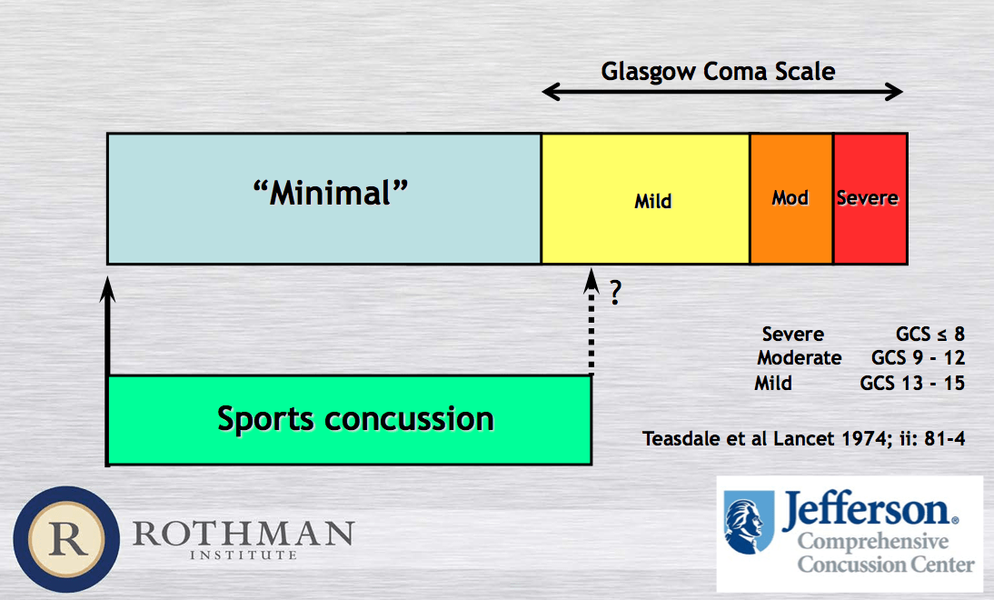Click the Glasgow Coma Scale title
tap(718, 72)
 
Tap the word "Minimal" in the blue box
tap(331, 193)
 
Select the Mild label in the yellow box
tap(653, 202)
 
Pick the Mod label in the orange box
tap(790, 198)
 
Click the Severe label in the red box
tap(867, 198)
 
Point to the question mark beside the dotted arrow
tap(615, 293)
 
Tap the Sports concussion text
tap(355, 418)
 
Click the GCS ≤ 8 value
tap(930, 334)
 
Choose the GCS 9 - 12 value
tap(918, 357)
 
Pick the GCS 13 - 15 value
tap(912, 383)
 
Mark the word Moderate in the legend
tap(800, 357)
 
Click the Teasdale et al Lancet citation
tap(804, 439)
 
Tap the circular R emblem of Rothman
tap(66, 540)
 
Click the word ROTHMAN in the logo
tap(244, 534)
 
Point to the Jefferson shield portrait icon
tap(749, 522)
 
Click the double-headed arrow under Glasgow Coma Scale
tap(722, 92)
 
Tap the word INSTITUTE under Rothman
tap(244, 555)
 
